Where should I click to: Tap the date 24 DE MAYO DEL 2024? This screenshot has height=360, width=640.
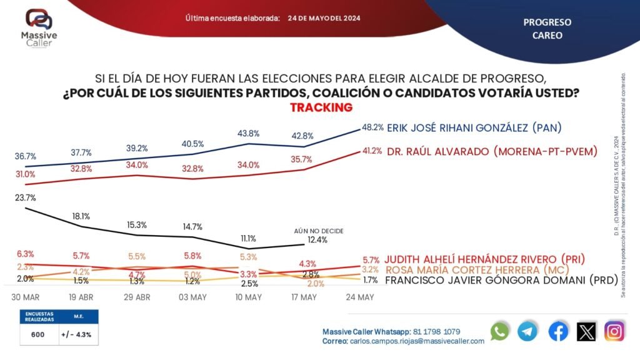324,18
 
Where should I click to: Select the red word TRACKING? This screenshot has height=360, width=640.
321,107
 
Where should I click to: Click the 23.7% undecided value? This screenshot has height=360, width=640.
25,197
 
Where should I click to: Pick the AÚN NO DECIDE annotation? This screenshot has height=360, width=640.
319,231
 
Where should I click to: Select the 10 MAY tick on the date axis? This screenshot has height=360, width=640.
249,297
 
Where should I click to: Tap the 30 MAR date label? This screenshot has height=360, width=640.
26,297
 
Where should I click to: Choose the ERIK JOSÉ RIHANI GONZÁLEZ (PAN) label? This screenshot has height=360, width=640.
474,128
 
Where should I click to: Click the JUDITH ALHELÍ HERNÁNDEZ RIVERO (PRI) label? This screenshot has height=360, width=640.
489,259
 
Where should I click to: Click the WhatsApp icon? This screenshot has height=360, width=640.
500,331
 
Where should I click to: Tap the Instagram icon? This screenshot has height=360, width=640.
614,331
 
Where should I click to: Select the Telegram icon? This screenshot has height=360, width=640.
528,331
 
